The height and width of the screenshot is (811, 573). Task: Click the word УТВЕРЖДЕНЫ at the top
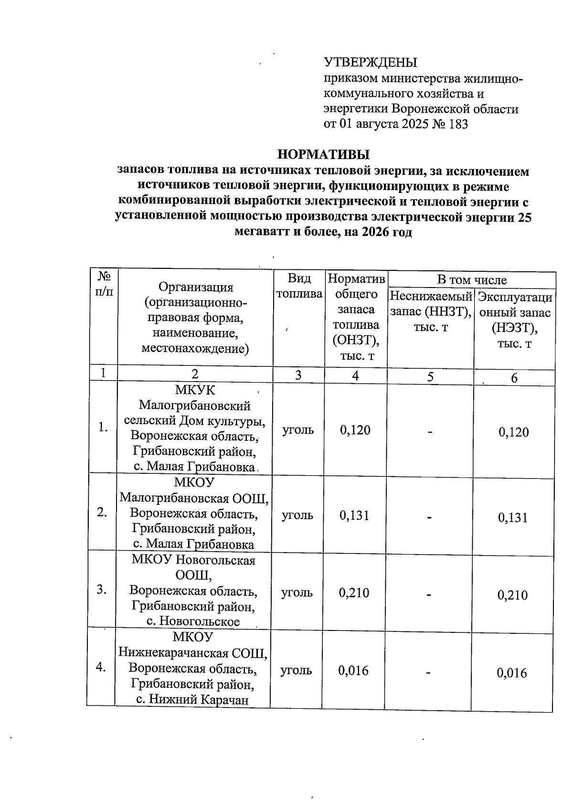(371, 63)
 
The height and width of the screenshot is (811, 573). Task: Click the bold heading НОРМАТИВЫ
(324, 155)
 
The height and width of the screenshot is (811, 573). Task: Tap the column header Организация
(196, 287)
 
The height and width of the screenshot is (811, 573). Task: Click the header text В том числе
(471, 280)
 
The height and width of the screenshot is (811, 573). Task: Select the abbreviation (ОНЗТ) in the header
(356, 340)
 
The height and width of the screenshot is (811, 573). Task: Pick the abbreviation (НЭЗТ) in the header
(514, 329)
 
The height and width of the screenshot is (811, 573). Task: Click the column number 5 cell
(430, 377)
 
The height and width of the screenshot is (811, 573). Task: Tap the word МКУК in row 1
(195, 390)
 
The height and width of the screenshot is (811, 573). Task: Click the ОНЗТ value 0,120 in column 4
(355, 430)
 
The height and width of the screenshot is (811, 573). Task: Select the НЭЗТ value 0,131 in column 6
(513, 518)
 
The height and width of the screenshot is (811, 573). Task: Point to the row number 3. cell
(101, 590)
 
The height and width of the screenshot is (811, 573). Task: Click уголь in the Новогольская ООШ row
(297, 593)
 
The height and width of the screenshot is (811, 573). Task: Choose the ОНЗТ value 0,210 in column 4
(354, 593)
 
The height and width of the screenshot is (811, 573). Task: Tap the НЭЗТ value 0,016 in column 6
(512, 673)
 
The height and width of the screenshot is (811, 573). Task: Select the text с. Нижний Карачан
(193, 700)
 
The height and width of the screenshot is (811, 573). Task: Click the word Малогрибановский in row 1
(195, 405)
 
